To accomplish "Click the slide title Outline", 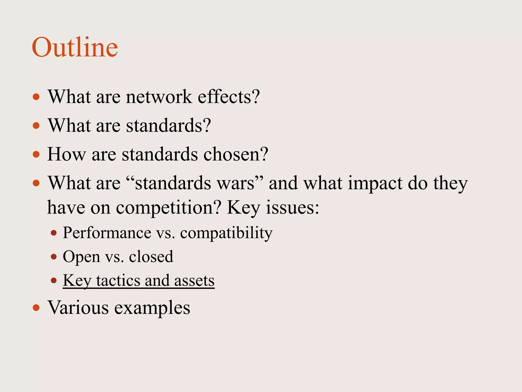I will tap(75, 47).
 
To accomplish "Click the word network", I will tap(159, 97).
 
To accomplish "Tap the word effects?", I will tap(229, 97).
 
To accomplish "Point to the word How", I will tap(67, 154).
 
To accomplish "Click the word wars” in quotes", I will tap(239, 183).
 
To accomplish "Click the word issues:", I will tap(292, 207).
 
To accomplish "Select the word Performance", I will tap(107, 233).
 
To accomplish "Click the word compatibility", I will tap(226, 233).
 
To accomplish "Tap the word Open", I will tap(81, 256).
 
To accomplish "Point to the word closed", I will tap(151, 256).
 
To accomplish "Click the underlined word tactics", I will tap(118, 280).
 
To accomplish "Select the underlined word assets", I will tap(194, 280).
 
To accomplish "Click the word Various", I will tap(78, 308).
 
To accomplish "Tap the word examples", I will tap(152, 308).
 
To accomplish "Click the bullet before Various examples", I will tap(36, 308).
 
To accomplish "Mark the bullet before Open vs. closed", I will tap(54, 257).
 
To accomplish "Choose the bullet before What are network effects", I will tap(36, 97).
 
